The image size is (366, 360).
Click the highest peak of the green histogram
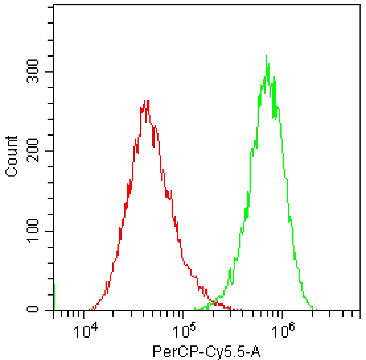tap(266, 56)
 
